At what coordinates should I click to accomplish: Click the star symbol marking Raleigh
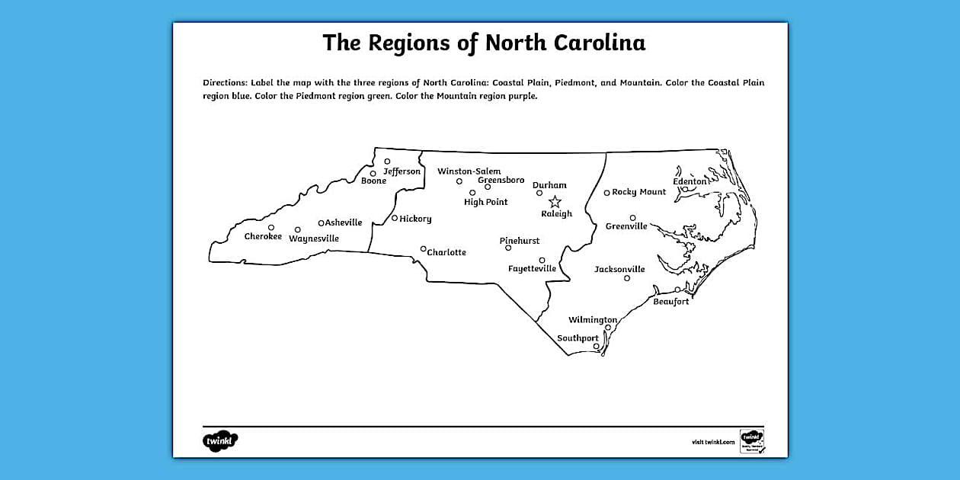coord(555,202)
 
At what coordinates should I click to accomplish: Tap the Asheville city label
coord(344,222)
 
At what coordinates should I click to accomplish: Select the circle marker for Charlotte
coord(424,248)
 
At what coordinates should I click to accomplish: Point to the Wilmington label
coord(593,320)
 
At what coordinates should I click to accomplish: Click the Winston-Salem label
coord(469,171)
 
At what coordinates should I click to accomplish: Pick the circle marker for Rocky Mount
coord(606,193)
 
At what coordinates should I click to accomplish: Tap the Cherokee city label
coord(263,236)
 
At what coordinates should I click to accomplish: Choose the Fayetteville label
coord(532,268)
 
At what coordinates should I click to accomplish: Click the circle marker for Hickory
coord(395,219)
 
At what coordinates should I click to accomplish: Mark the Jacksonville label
coord(619,269)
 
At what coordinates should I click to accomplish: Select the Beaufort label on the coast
coord(670,302)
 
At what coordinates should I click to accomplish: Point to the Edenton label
coord(690,181)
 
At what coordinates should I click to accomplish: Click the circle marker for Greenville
coord(632,218)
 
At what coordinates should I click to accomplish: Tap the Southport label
coord(578,338)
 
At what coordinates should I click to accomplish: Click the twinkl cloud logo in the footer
coord(220,441)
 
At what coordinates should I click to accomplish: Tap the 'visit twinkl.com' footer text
coord(713,442)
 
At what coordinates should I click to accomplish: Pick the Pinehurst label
coord(520,241)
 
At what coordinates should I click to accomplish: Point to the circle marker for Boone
coord(373,174)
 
